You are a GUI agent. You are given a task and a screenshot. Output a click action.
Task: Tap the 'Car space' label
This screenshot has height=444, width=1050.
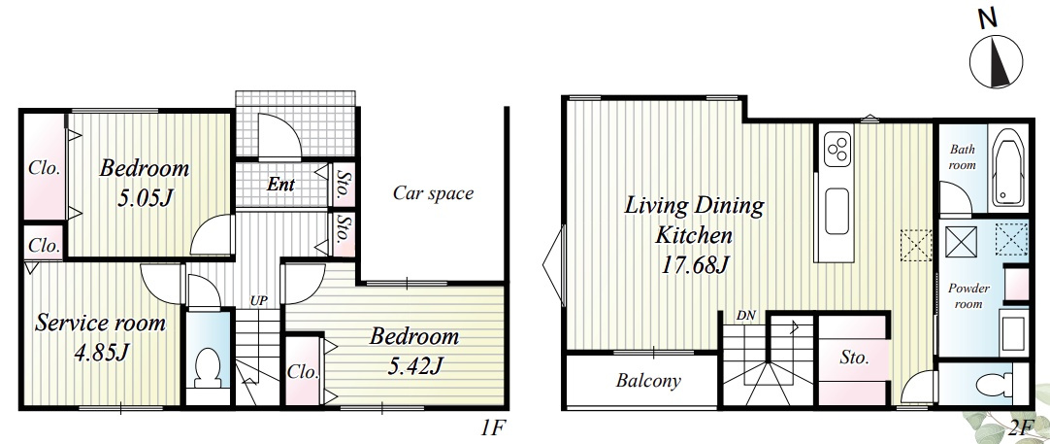(x=433, y=194)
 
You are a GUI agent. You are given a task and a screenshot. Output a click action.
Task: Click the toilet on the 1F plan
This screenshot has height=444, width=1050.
(x=207, y=369)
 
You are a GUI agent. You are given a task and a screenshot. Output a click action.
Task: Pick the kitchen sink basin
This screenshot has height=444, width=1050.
(x=837, y=211)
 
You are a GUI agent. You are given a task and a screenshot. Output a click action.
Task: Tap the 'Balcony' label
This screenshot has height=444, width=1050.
(x=648, y=381)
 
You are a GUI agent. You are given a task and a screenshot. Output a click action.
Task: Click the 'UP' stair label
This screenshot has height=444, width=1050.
(x=258, y=300)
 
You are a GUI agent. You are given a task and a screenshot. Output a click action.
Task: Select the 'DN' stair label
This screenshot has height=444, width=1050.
(x=746, y=315)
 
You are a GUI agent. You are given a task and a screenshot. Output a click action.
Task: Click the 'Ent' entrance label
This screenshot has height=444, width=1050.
(x=280, y=184)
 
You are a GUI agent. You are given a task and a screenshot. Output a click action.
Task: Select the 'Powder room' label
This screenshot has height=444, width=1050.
(x=968, y=295)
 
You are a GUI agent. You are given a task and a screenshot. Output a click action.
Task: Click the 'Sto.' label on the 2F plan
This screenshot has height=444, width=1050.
(x=854, y=358)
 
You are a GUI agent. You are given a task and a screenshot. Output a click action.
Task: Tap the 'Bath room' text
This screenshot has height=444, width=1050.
(x=962, y=157)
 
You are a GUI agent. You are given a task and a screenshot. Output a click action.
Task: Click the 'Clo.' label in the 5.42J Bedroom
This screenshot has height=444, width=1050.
(x=304, y=371)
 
